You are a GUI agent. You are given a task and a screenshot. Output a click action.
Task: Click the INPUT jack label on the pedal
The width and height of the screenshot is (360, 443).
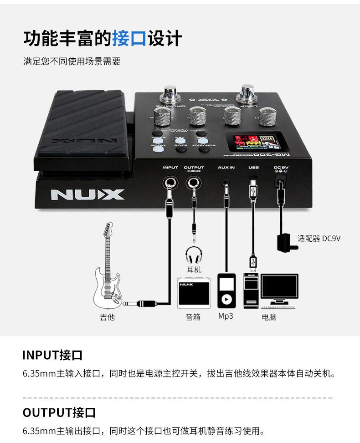tap(170, 168)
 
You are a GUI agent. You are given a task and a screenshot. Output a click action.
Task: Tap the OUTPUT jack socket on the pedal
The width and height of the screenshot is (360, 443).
tap(194, 183)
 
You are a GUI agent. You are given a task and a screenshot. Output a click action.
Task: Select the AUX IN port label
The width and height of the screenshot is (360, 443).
tap(226, 168)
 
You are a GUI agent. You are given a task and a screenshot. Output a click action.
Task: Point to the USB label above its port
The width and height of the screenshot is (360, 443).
tap(253, 168)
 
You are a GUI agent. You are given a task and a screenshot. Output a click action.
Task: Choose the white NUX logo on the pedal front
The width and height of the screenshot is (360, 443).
tap(87, 194)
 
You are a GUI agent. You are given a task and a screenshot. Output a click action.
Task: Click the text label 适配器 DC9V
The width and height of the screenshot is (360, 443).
tap(319, 238)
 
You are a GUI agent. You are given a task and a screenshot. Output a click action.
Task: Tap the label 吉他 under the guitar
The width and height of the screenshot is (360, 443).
tap(108, 317)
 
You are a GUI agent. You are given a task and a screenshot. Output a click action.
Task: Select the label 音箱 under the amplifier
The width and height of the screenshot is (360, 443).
tap(193, 317)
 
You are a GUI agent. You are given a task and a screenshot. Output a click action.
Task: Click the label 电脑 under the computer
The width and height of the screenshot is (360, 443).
tap(269, 317)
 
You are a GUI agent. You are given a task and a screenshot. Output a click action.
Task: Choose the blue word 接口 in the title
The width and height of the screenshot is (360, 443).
tap(129, 38)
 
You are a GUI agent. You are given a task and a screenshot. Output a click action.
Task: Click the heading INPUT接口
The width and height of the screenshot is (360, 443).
tap(52, 355)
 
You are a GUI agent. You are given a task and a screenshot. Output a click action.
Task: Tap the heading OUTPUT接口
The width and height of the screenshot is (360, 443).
tap(59, 412)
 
